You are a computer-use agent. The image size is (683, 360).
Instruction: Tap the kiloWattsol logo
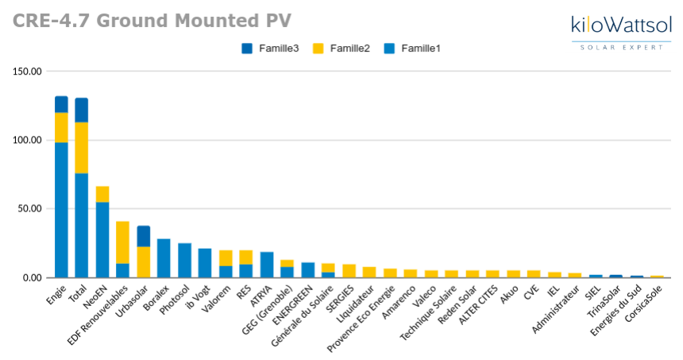click(x=620, y=31)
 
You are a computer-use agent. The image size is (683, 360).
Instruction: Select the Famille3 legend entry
click(x=270, y=48)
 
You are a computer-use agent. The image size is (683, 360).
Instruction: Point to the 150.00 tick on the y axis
click(x=27, y=72)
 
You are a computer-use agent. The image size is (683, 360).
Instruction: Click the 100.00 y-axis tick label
click(x=27, y=140)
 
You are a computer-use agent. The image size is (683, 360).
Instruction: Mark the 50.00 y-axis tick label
click(x=29, y=209)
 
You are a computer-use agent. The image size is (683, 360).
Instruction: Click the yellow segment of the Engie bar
click(x=61, y=127)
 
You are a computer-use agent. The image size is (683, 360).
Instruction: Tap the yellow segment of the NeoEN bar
click(x=102, y=194)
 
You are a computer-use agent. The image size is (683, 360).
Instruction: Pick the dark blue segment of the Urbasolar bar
click(x=143, y=236)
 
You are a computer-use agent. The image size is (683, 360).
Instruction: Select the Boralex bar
click(x=164, y=258)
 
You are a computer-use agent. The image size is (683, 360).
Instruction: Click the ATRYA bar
click(x=267, y=265)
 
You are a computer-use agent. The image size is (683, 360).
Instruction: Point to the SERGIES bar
click(x=349, y=271)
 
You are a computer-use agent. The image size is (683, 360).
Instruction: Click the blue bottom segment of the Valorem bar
click(x=226, y=272)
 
